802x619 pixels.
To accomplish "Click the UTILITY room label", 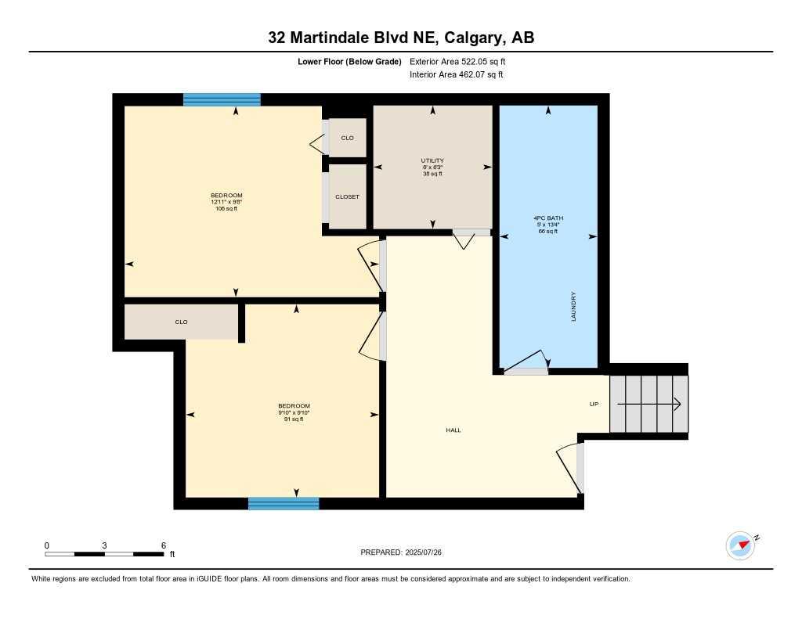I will [x=432, y=160].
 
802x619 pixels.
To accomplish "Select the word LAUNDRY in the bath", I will [x=574, y=307].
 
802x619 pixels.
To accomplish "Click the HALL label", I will [x=453, y=430].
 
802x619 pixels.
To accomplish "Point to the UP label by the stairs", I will [x=594, y=405].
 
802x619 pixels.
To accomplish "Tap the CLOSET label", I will [x=347, y=197].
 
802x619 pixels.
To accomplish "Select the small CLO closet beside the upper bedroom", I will [x=347, y=138].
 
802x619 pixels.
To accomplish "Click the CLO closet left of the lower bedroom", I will [x=181, y=322].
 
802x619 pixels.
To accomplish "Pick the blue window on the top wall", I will [x=222, y=99].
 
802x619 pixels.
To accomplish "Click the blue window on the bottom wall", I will [x=284, y=503].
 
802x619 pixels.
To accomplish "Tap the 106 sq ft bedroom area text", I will [x=226, y=209].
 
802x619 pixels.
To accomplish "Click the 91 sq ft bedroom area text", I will [x=293, y=419].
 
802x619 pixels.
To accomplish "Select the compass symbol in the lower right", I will [x=740, y=545].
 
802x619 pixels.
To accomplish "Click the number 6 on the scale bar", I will [x=162, y=545].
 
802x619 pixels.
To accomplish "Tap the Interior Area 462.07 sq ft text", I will [x=456, y=75].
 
